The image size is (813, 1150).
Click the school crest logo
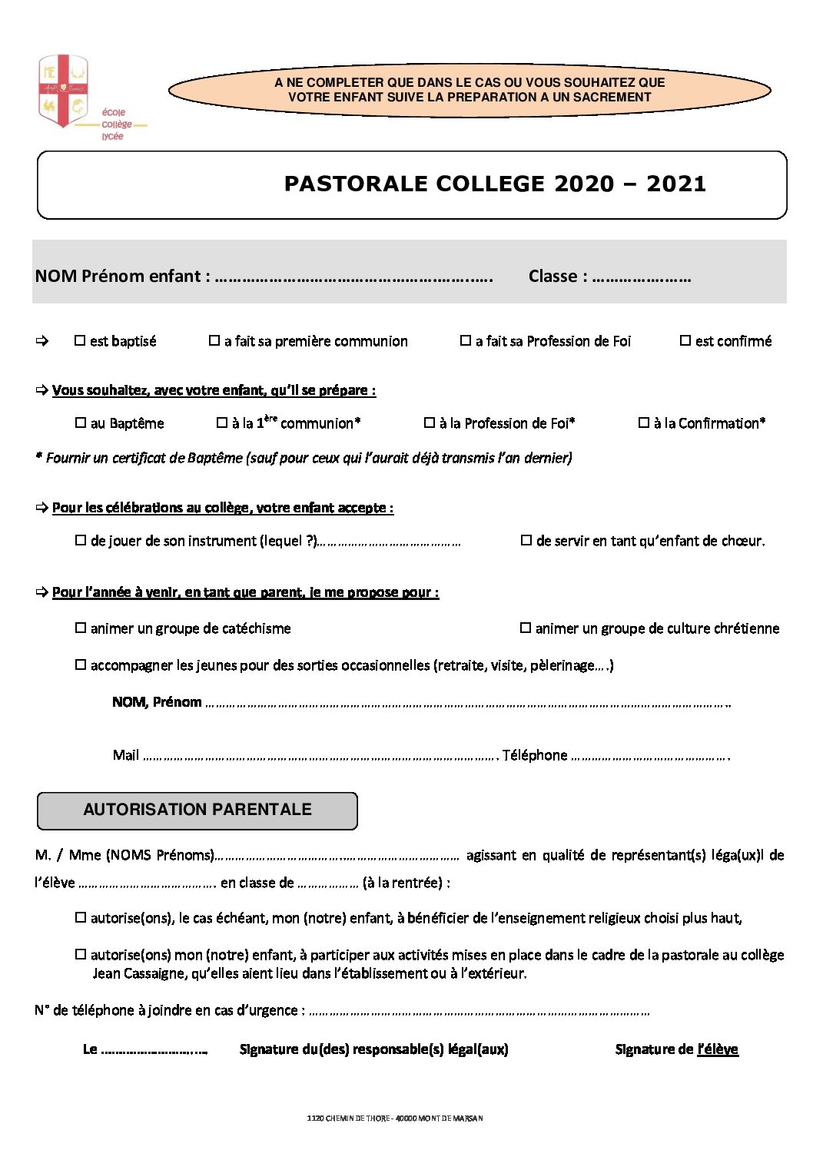pos(63,91)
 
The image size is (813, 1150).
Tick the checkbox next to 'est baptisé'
pos(80,340)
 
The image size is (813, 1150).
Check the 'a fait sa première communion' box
pos(214,340)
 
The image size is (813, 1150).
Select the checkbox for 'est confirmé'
pos(685,340)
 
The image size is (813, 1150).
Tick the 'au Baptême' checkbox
pos(81,423)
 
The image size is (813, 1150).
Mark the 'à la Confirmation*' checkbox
pos(644,423)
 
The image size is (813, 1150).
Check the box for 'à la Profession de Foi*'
pos(430,423)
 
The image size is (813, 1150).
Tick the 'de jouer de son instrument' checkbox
pos(81,540)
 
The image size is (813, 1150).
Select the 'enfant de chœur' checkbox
pos(526,540)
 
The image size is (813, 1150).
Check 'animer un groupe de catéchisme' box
pos(81,628)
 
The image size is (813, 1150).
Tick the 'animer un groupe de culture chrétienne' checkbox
pos(526,628)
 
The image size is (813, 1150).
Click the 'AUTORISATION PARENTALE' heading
pos(197,810)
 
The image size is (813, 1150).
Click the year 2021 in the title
pos(675,184)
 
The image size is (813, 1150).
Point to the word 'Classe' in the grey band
pos(553,277)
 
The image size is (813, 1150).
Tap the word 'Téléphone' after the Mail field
pos(535,755)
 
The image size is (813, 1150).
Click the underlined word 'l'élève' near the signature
pos(718,1049)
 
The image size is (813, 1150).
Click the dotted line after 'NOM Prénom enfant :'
pos(353,278)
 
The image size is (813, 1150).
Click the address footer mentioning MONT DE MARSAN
pos(395,1119)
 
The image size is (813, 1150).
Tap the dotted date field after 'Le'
pos(154,1050)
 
